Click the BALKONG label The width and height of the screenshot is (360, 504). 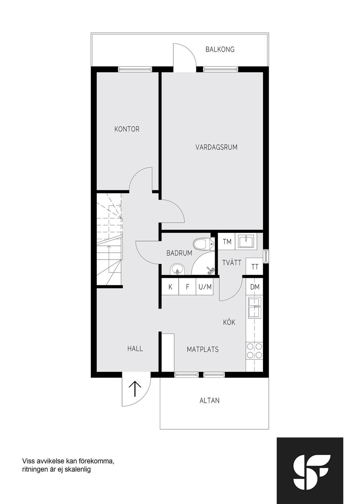click(220, 49)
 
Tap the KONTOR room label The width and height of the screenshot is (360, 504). click(127, 129)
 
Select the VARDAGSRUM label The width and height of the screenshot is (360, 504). click(216, 148)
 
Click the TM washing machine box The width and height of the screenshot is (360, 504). click(227, 241)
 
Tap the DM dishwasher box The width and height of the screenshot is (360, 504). click(255, 287)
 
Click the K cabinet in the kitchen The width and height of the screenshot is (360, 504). click(170, 287)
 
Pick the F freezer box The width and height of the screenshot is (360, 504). click(187, 287)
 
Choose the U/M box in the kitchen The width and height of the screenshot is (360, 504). click(205, 287)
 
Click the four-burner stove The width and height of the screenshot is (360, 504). click(255, 351)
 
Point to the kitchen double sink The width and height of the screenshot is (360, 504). click(255, 307)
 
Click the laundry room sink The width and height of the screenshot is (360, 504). click(246, 241)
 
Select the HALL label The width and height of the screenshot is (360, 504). click(135, 349)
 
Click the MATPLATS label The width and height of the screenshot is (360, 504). click(202, 350)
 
